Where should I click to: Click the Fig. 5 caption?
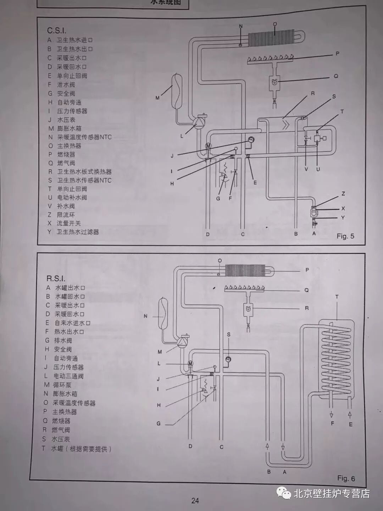(x=345, y=236)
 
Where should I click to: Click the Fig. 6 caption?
(x=346, y=478)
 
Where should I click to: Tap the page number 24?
(x=195, y=501)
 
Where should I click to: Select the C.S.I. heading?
(x=57, y=31)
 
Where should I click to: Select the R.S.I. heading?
(x=56, y=279)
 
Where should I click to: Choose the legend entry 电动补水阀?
(x=72, y=198)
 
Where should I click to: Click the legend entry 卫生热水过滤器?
(x=78, y=232)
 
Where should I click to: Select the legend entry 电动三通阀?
(x=68, y=376)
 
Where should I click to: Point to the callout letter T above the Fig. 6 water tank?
(x=337, y=297)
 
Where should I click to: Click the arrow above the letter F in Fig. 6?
(x=332, y=414)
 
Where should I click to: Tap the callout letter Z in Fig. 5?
(x=343, y=194)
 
